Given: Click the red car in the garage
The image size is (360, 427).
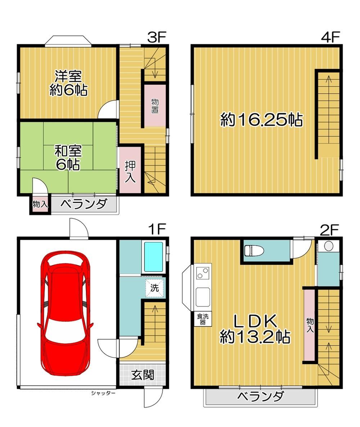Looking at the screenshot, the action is (x=65, y=313).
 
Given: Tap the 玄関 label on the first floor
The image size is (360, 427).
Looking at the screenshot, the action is (x=143, y=375).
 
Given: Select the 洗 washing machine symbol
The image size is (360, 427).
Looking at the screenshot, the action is (x=154, y=288).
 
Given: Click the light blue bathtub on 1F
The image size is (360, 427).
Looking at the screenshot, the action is (x=153, y=257).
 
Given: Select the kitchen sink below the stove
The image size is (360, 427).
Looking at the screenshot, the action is (x=203, y=297).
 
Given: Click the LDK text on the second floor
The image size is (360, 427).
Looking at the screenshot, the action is (x=255, y=321).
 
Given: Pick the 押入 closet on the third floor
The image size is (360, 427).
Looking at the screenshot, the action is (x=130, y=170).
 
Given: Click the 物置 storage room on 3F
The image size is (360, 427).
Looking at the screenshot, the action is (x=155, y=106).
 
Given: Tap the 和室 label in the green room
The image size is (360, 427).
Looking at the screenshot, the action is (x=68, y=151).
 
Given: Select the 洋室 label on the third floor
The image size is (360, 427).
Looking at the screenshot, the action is (x=68, y=76).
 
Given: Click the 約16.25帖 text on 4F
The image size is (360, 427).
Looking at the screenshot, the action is (x=261, y=120).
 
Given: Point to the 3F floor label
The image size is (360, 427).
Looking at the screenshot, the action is (x=157, y=37).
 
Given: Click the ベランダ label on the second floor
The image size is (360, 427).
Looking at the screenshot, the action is (x=261, y=396).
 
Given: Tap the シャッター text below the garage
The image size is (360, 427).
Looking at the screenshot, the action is (x=103, y=393).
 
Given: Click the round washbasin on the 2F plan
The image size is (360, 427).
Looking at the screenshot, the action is (x=329, y=246).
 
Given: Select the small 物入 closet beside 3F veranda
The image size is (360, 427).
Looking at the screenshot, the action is (x=40, y=204).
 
